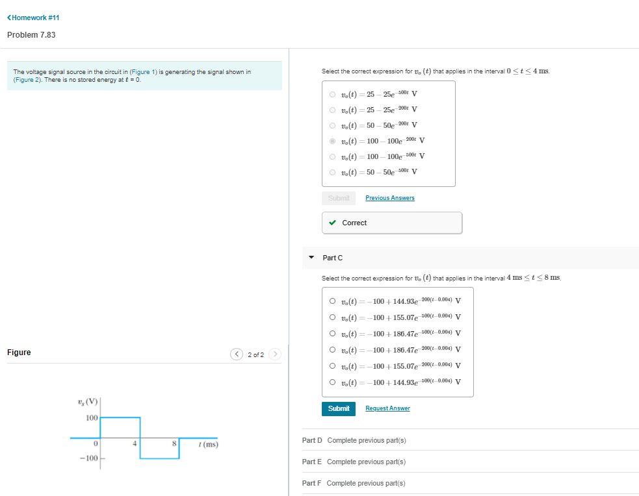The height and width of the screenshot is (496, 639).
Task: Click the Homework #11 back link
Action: (x=33, y=18)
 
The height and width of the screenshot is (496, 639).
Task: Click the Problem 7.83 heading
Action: (x=31, y=35)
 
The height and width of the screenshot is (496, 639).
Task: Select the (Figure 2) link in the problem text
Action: (x=27, y=80)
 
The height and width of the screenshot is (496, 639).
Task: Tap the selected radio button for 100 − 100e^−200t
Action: (x=333, y=141)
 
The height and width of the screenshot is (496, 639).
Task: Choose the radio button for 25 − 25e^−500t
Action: (x=333, y=94)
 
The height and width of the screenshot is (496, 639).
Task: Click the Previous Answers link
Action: (x=389, y=198)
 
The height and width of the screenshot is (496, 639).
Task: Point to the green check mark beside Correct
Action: (x=333, y=223)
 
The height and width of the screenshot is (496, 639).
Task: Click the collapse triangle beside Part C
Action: (x=311, y=258)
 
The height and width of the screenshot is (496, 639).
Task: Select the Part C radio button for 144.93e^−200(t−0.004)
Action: (x=333, y=301)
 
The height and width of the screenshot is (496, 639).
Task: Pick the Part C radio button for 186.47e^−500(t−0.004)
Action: (x=333, y=334)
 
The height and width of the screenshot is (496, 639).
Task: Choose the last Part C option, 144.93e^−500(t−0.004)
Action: (x=333, y=382)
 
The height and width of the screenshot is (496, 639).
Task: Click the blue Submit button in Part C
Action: (x=338, y=408)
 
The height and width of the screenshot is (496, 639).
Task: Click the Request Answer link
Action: (x=387, y=408)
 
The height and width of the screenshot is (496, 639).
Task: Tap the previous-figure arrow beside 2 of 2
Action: (x=237, y=354)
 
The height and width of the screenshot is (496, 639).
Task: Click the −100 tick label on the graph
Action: (x=88, y=458)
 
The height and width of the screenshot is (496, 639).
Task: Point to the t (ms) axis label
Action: (x=208, y=445)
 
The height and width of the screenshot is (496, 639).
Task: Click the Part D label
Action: (x=312, y=440)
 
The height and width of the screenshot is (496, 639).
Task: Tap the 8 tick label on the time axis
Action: (x=174, y=444)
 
